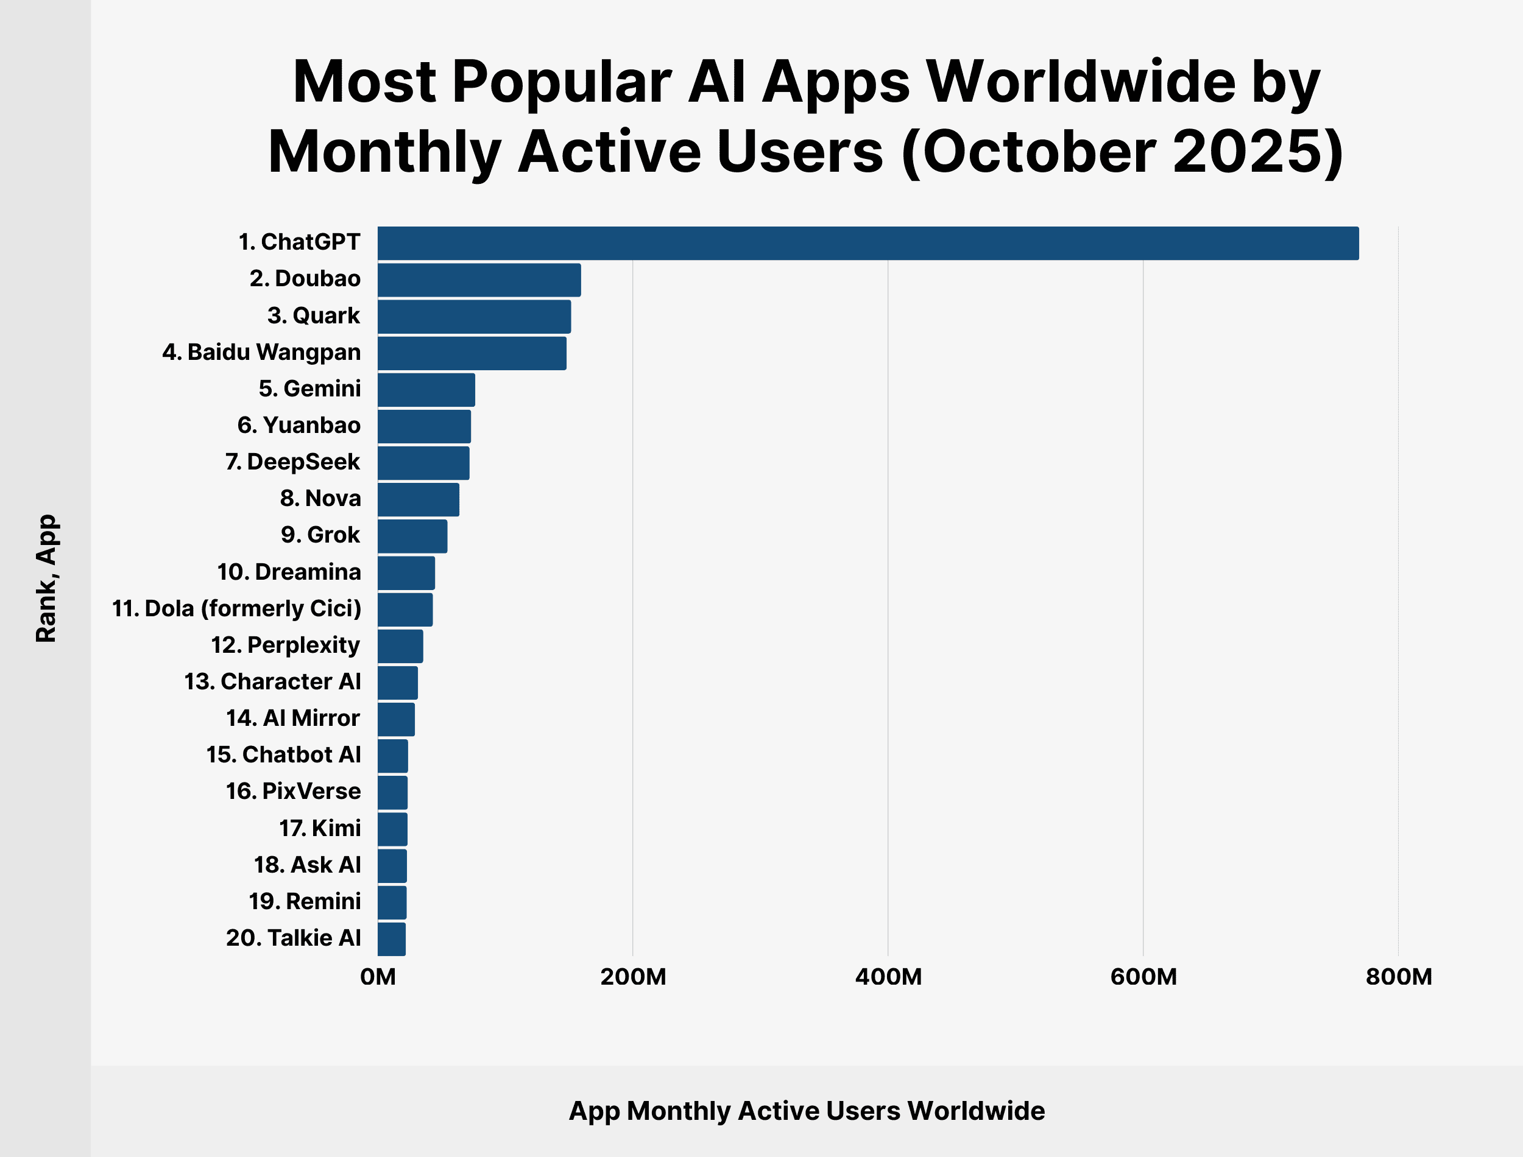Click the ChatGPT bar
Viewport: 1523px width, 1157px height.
point(868,243)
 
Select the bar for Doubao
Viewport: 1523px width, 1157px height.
point(479,280)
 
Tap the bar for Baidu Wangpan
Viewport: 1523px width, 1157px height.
point(472,353)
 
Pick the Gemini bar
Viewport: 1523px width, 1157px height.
point(426,390)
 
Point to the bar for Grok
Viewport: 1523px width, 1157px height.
point(412,536)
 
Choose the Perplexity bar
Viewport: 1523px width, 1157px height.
point(400,646)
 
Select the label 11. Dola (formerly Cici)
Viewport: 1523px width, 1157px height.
point(236,609)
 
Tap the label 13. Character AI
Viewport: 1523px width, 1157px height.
point(272,682)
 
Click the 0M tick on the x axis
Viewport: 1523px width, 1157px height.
point(378,977)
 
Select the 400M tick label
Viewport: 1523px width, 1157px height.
point(888,977)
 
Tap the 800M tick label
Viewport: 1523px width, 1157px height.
point(1398,977)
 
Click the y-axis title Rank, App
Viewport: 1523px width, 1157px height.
point(46,578)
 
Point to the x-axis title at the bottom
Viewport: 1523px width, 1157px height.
point(807,1111)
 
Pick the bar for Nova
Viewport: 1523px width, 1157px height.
point(418,500)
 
